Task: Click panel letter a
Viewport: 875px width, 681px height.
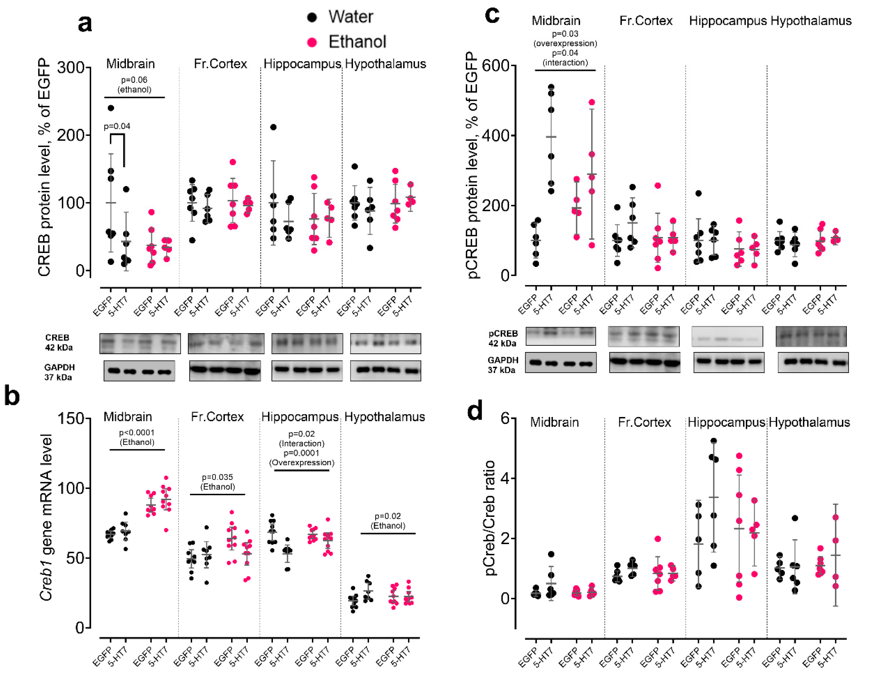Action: point(85,23)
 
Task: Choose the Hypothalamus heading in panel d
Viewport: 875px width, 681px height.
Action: point(809,422)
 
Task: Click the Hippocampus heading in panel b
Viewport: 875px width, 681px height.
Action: point(300,417)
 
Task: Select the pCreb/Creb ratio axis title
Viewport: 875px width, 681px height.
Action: point(490,517)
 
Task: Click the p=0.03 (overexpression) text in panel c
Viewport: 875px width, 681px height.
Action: point(565,39)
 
